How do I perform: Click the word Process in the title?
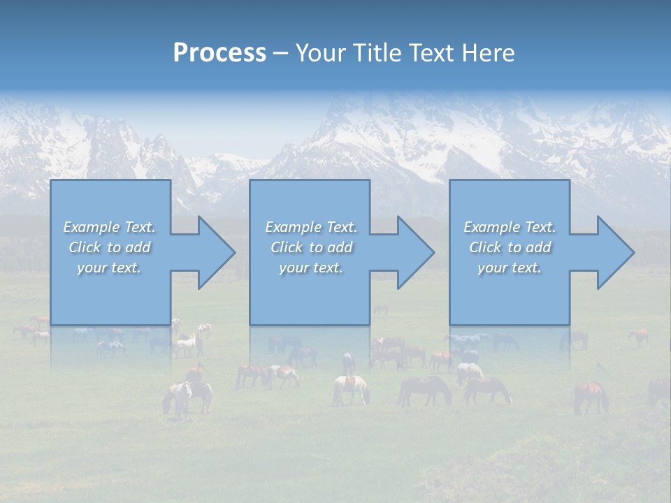point(219,53)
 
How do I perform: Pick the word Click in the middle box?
point(286,247)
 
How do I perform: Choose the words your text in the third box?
point(509,268)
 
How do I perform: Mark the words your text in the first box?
point(108,268)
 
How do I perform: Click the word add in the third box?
point(538,247)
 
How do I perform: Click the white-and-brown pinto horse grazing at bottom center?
point(350,388)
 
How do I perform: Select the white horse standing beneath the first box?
point(178,397)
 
